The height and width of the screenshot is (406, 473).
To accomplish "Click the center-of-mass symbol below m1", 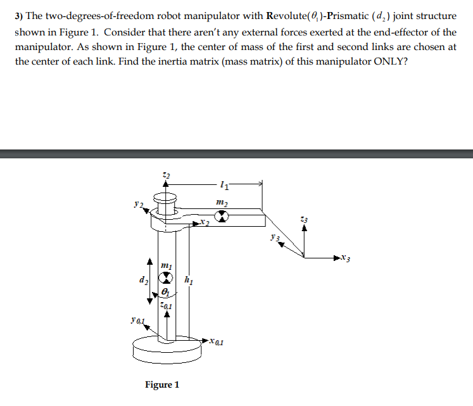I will [166, 278].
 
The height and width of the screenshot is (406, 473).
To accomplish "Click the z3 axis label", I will [305, 219].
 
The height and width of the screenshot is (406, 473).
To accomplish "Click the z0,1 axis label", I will [166, 306].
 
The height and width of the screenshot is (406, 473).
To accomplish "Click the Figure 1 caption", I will [162, 384].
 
